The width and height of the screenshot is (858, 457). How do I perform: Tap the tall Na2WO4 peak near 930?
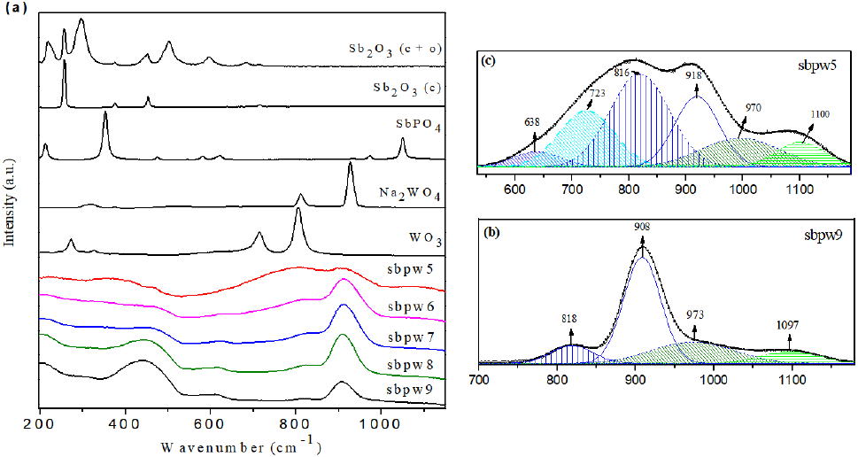coord(352,164)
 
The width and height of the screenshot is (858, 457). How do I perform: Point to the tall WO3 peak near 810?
coord(298,211)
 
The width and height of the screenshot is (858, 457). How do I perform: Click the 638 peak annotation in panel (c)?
coord(532,121)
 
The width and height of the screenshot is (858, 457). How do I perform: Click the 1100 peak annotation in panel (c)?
coord(822,113)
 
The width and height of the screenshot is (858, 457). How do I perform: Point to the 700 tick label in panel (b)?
coord(479,380)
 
